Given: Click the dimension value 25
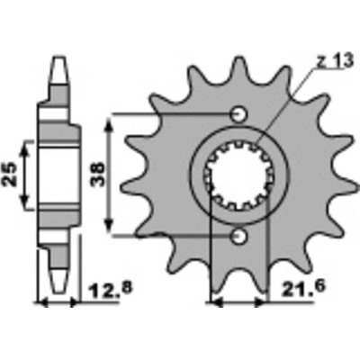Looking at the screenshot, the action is (10, 175).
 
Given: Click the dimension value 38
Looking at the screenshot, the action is (98, 175).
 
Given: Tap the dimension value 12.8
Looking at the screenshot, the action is (110, 289).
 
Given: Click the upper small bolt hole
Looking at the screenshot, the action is (238, 114).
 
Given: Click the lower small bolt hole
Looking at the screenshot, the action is (238, 237).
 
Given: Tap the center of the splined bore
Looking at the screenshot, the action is (239, 175).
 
